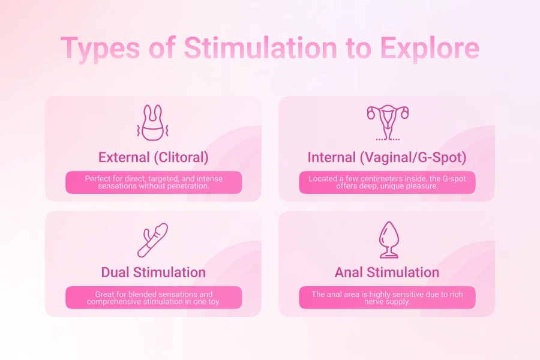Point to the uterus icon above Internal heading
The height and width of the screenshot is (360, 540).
pos(387,122)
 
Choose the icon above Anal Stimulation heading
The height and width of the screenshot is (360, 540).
pos(387,239)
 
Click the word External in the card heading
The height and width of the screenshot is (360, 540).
pos(124,157)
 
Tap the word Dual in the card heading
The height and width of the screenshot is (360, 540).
pos(116,272)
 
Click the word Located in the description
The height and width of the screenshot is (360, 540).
pos(325,179)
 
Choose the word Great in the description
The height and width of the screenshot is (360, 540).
pos(106,295)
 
